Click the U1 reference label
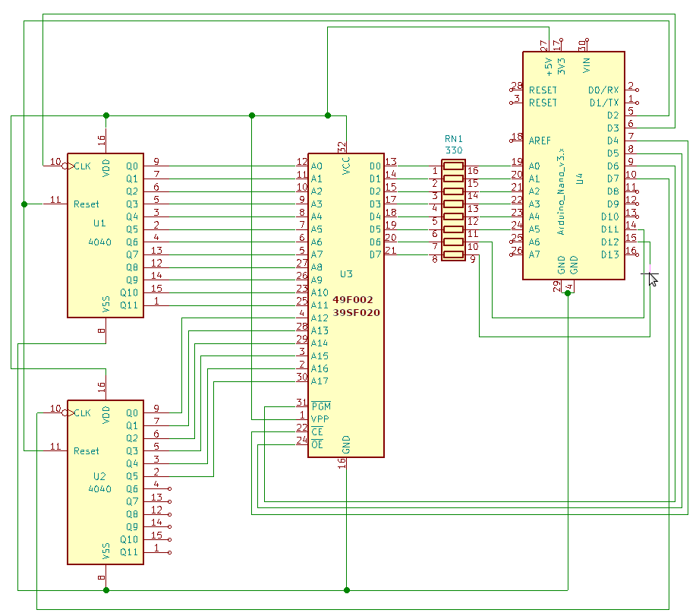tap(99, 223)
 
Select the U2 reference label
tap(99, 476)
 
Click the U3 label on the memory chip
tap(346, 274)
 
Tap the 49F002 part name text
tap(353, 300)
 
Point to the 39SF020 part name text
tap(356, 312)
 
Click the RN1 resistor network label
tap(454, 139)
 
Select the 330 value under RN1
tap(454, 150)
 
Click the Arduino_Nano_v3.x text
tap(562, 192)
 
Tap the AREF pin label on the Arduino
tap(540, 141)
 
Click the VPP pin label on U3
tap(320, 419)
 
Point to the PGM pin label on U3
tap(321, 406)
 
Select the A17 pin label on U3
tap(320, 381)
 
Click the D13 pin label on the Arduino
tap(610, 254)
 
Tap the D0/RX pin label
tap(603, 90)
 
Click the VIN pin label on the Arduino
tap(587, 65)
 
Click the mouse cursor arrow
tap(653, 280)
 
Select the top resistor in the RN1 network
tap(453, 166)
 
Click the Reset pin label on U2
tap(86, 451)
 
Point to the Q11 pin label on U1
tap(129, 305)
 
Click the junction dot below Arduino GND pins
tap(568, 293)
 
